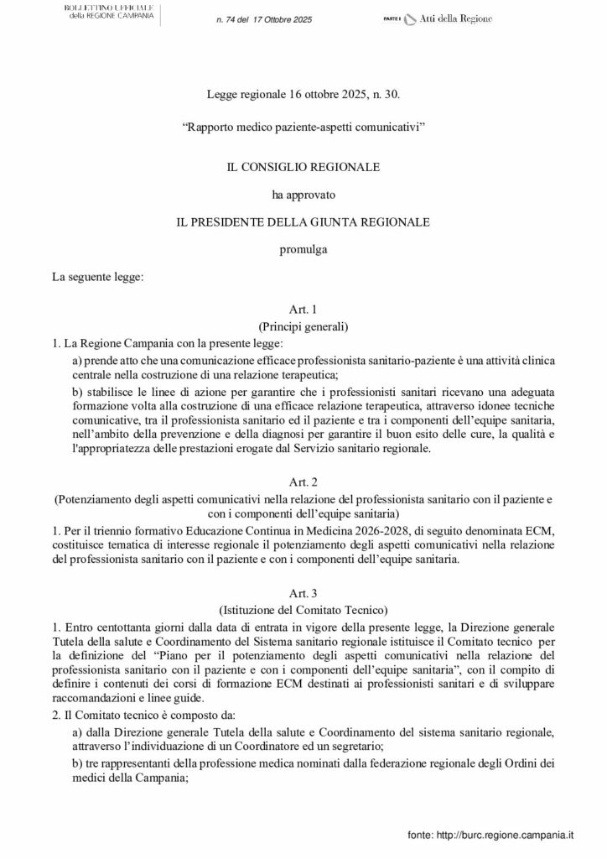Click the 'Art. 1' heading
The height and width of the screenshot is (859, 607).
click(x=303, y=309)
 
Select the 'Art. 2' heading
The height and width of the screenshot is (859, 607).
click(x=303, y=482)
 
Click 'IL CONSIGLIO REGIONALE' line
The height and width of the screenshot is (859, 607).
click(x=303, y=167)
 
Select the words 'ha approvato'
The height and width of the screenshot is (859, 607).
click(x=303, y=195)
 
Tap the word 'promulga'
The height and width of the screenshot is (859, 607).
click(x=303, y=249)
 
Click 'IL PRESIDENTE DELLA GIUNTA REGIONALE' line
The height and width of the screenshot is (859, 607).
click(x=303, y=221)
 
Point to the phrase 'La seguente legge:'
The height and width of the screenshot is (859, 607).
click(x=99, y=276)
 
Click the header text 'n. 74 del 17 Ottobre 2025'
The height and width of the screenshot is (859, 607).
click(x=263, y=19)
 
